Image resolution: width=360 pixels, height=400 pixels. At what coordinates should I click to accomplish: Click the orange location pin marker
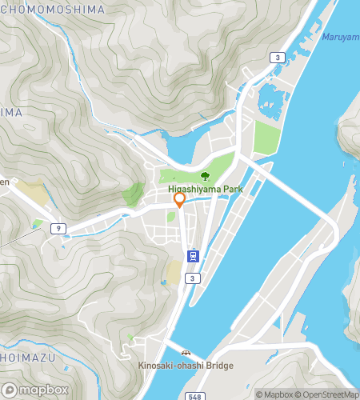tap(180, 200)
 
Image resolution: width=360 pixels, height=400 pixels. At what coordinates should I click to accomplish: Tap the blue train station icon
tap(193, 257)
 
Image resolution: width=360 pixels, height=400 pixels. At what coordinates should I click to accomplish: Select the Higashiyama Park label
tap(205, 190)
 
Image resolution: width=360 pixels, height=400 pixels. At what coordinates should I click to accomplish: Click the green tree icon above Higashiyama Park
tap(205, 175)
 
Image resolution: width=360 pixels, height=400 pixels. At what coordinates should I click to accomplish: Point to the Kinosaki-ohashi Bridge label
tap(185, 366)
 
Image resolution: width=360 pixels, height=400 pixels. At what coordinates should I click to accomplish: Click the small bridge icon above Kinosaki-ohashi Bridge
tap(186, 353)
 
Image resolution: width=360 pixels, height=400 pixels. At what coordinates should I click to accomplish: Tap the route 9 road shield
tap(56, 229)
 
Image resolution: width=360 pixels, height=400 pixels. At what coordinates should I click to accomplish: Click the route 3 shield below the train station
tap(192, 278)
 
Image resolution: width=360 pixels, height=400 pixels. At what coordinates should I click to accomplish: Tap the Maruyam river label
tap(340, 37)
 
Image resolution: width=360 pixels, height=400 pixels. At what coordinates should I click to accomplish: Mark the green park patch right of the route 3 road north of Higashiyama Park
tap(266, 138)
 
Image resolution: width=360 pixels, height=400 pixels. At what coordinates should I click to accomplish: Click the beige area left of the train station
tap(173, 273)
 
